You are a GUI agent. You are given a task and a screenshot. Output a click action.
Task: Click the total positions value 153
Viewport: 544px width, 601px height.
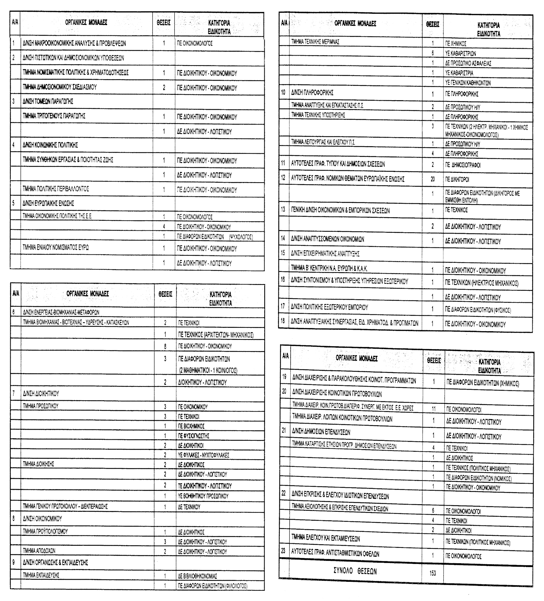(x=432, y=573)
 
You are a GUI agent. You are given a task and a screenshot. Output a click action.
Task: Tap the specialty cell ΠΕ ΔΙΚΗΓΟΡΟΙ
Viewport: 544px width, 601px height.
(x=457, y=180)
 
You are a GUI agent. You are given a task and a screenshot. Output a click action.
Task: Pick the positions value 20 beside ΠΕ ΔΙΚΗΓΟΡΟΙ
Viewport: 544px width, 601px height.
(x=432, y=179)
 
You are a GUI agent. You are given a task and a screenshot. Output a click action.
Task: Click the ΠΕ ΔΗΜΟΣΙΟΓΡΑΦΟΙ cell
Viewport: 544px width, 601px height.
(x=463, y=165)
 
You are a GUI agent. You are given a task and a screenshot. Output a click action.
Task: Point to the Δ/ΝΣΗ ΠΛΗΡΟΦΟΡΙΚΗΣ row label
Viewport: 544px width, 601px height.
(x=312, y=93)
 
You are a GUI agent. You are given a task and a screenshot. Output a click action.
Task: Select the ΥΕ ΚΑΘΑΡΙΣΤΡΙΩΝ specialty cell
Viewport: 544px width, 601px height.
(x=460, y=54)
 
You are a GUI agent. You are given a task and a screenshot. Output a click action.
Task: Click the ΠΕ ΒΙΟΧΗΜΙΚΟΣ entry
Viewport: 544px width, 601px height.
(x=191, y=426)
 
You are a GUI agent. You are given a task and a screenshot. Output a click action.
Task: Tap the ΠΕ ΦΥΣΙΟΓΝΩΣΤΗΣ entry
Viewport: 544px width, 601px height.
(x=194, y=436)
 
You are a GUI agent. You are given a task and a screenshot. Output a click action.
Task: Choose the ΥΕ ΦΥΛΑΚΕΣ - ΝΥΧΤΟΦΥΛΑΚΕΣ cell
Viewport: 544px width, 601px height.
(x=204, y=455)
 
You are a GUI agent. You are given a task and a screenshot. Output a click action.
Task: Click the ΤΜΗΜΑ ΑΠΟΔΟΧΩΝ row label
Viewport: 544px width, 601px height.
(x=39, y=551)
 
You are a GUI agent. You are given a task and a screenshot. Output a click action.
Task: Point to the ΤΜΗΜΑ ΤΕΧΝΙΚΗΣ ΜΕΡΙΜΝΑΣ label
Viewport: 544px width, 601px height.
(x=315, y=42)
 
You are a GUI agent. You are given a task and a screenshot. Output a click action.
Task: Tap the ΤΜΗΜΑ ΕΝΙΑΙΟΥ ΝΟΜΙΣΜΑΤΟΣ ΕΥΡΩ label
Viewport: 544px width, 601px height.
(x=56, y=247)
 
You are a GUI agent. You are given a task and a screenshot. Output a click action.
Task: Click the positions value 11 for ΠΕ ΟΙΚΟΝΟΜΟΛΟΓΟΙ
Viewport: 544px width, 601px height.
(x=433, y=409)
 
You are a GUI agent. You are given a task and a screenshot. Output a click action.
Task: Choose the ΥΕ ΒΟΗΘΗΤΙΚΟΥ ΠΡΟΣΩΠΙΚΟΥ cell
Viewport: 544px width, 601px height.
(x=203, y=496)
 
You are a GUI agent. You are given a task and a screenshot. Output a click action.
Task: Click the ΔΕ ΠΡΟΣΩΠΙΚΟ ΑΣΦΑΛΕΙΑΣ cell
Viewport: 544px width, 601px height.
(x=468, y=63)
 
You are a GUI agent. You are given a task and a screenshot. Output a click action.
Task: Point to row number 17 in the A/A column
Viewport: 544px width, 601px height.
(x=283, y=306)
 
